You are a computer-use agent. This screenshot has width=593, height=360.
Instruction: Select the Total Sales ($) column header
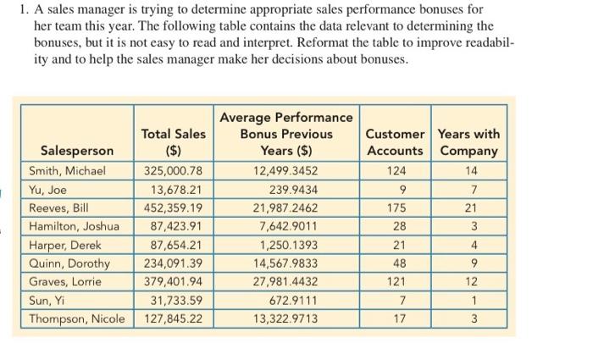click(173, 142)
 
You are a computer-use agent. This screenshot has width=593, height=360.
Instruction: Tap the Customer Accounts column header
click(395, 142)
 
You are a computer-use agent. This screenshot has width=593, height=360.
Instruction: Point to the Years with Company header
click(468, 142)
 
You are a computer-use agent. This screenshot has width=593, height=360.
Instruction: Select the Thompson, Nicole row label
click(81, 319)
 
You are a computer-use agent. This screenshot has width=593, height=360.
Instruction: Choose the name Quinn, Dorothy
click(75, 263)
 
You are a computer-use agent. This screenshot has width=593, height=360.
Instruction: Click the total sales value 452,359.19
click(173, 208)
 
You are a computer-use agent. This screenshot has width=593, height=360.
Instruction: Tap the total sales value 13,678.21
click(176, 189)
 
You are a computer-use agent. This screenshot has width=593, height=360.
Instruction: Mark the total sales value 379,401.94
click(173, 282)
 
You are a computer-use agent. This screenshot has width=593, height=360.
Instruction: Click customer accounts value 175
click(395, 208)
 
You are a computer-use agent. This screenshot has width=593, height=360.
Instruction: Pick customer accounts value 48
click(395, 263)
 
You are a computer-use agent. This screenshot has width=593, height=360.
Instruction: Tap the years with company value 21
click(475, 208)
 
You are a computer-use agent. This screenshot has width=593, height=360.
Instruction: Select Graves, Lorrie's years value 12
click(475, 282)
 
